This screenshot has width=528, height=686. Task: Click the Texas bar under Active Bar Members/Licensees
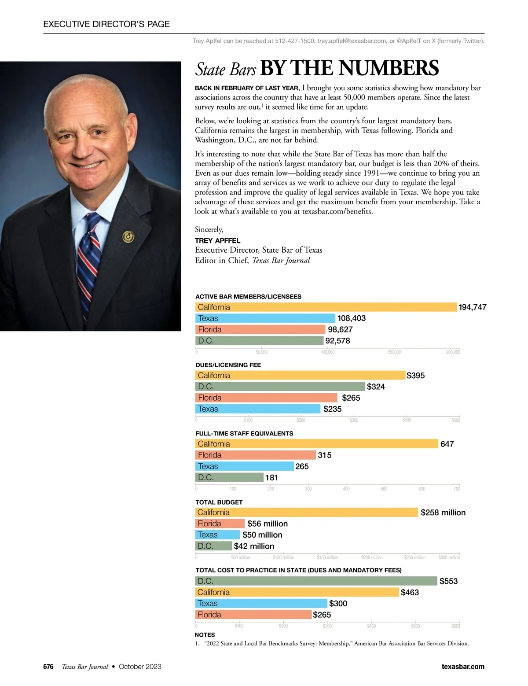tap(265, 318)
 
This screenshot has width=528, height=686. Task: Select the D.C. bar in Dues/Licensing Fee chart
tap(280, 387)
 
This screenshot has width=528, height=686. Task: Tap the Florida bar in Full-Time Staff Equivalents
tap(255, 455)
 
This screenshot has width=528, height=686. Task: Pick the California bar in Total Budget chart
tap(306, 513)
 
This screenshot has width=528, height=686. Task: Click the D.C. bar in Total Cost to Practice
tap(316, 581)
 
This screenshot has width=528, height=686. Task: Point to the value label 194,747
tap(472, 307)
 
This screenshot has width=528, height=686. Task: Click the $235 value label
tap(332, 409)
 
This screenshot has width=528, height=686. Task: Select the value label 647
tap(447, 444)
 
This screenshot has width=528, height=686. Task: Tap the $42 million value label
tap(254, 546)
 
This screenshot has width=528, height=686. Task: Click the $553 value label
tap(448, 581)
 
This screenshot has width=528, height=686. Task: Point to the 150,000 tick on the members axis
tap(394, 352)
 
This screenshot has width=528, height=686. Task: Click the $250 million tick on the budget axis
tap(414, 557)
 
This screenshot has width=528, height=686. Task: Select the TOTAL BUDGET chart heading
tap(219, 502)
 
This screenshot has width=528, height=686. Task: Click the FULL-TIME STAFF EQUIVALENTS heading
tap(244, 433)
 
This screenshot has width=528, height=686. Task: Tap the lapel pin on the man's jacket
tap(128, 237)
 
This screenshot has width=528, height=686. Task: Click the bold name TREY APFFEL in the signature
tap(217, 241)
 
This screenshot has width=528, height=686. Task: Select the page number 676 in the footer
tap(48, 667)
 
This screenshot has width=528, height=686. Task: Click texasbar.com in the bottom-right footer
tap(462, 667)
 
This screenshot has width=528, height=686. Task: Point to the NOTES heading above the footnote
tap(205, 635)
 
